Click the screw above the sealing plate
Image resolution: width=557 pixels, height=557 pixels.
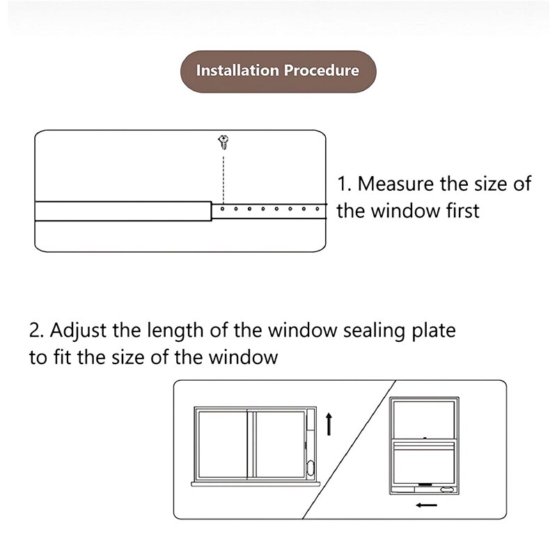click(x=223, y=143)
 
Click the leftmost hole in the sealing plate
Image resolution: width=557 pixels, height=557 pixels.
click(x=223, y=208)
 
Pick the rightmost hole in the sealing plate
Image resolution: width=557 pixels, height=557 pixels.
click(x=317, y=208)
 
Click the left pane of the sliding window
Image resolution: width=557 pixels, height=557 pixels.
click(x=223, y=444)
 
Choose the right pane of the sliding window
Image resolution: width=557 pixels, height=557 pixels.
click(x=278, y=444)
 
